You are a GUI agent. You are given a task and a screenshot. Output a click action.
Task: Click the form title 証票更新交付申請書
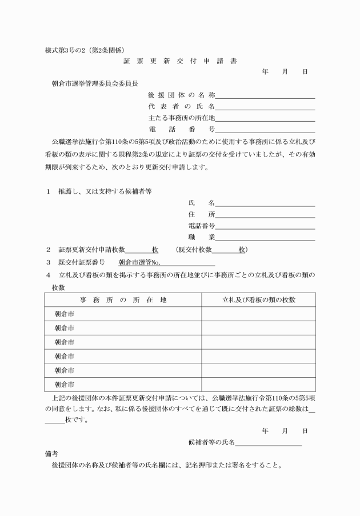pyautogui.click(x=180, y=60)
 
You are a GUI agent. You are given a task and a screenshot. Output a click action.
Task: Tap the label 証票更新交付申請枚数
pyautogui.click(x=91, y=250)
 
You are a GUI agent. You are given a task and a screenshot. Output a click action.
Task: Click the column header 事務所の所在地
pyautogui.click(x=123, y=300)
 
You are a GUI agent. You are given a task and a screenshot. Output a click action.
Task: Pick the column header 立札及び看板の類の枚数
pyautogui.click(x=259, y=300)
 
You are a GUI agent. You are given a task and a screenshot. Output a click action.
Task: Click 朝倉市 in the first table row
pyautogui.click(x=64, y=314)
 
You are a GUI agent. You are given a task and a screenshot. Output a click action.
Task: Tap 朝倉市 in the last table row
pyautogui.click(x=64, y=385)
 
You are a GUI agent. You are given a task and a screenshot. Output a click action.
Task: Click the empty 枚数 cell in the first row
pyautogui.click(x=258, y=314)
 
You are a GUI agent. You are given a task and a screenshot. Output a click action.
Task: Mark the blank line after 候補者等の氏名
pyautogui.click(x=268, y=442)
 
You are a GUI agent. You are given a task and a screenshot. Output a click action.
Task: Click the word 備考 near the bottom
pyautogui.click(x=51, y=454)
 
